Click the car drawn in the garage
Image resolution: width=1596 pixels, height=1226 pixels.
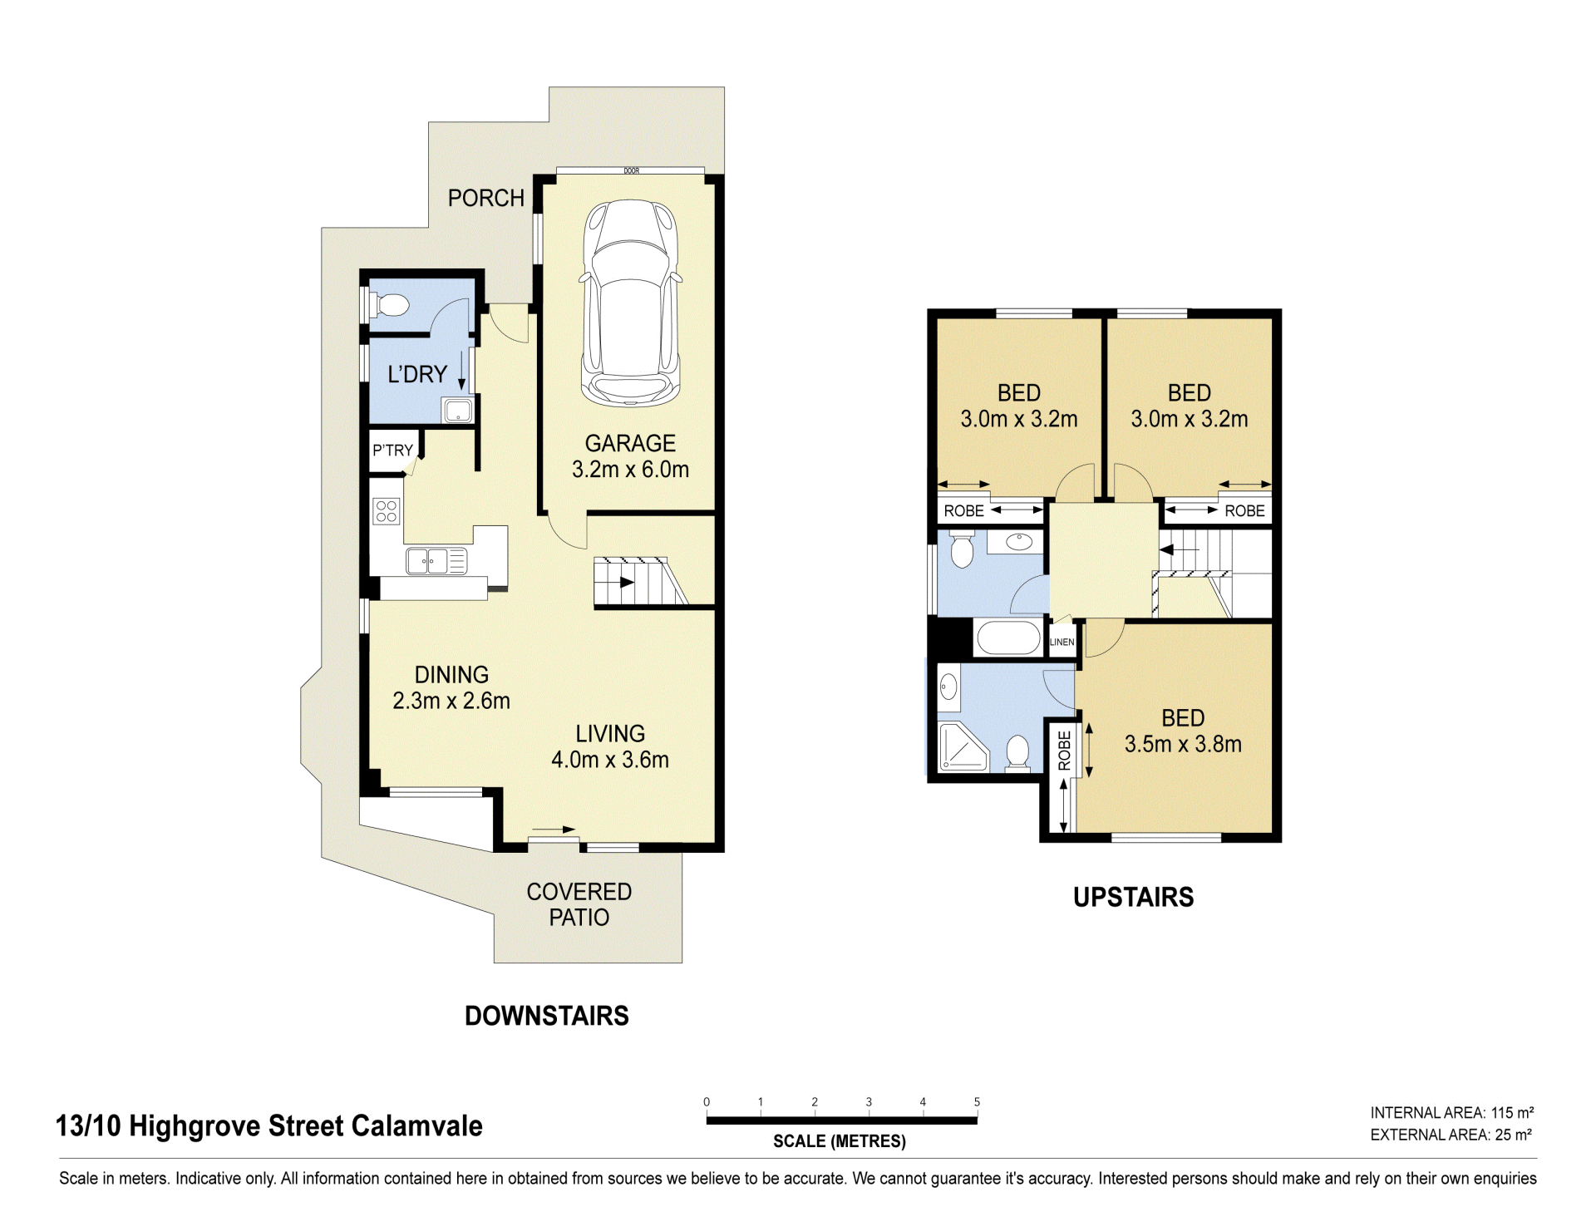(632, 303)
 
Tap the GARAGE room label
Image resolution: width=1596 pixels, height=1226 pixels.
(630, 443)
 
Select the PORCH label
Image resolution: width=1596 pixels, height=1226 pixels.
(486, 198)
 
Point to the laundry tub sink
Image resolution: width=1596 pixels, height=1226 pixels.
(458, 410)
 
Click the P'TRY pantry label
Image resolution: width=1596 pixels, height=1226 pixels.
(392, 450)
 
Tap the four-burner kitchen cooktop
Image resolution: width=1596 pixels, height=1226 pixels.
(387, 510)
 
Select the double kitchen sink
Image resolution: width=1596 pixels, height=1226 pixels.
(436, 561)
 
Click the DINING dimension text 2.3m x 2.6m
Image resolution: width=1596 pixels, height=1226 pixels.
(451, 701)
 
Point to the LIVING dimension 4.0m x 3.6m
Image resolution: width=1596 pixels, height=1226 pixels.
(610, 760)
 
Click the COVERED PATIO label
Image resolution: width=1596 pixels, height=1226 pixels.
(579, 904)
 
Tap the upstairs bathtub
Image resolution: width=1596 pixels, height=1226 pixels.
(1008, 639)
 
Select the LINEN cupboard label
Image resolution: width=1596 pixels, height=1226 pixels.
(1062, 643)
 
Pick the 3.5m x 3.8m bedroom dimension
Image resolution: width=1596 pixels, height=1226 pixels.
(1183, 744)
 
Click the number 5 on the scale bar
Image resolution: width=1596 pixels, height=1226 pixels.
(977, 1102)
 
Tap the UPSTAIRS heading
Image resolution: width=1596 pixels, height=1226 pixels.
(1134, 897)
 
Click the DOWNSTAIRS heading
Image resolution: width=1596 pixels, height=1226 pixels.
(547, 1016)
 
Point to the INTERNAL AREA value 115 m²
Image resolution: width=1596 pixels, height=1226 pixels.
(1512, 1113)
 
